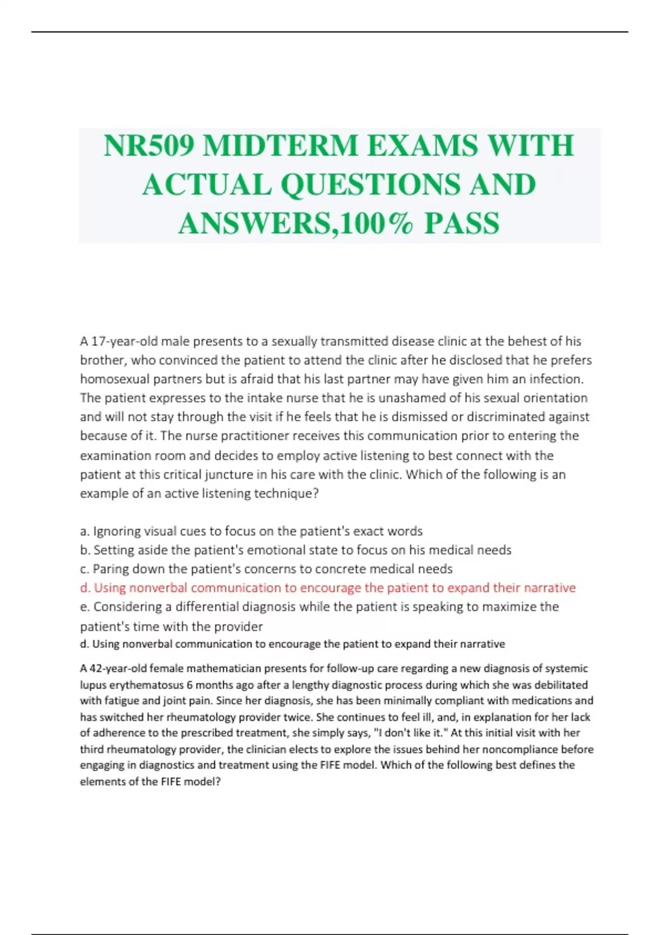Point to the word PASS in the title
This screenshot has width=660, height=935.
(462, 223)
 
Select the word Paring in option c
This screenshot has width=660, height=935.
(111, 569)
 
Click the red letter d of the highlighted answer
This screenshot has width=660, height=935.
(84, 588)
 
